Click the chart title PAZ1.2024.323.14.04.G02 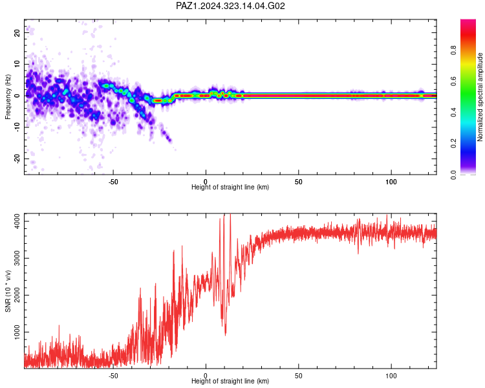(230, 6)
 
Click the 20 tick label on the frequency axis (17, 32)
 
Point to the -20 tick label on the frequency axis (17, 158)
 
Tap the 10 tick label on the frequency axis (17, 64)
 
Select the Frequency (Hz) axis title (8, 97)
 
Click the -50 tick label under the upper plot (113, 182)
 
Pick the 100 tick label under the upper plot (391, 182)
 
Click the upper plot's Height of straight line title (230, 187)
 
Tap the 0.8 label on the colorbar (453, 50)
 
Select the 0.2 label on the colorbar (453, 144)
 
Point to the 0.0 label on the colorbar (453, 175)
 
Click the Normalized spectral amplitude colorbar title (480, 97)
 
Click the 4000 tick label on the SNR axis (17, 221)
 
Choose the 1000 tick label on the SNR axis (17, 332)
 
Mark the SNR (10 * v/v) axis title (8, 291)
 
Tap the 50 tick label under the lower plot (298, 376)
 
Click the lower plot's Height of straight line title (230, 381)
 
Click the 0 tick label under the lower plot (206, 376)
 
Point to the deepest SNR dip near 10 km (225, 335)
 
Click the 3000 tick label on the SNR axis (17, 258)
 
